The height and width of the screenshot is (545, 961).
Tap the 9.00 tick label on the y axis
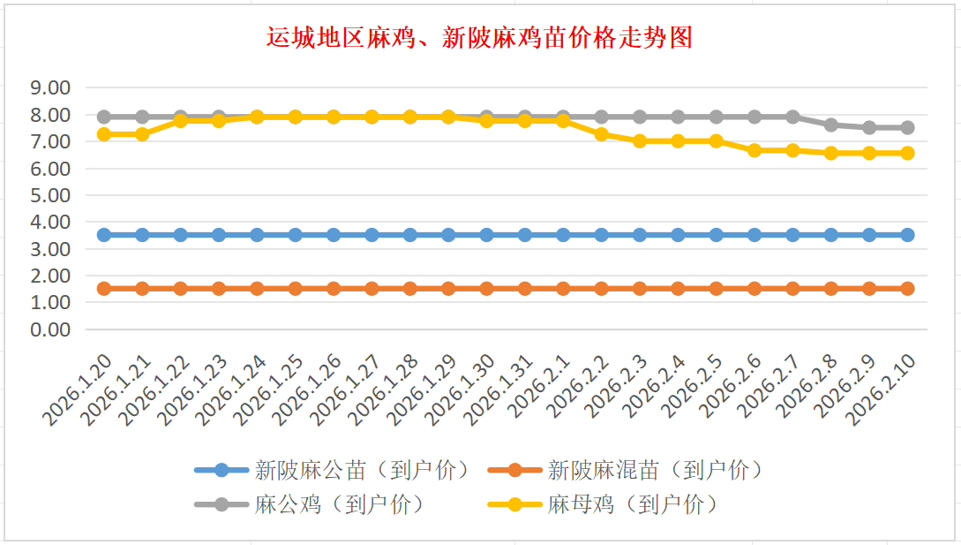coord(49,87)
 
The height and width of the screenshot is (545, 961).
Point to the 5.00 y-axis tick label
coord(49,195)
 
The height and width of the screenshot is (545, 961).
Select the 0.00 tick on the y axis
coord(49,329)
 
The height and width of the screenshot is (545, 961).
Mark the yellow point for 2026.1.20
coord(104,134)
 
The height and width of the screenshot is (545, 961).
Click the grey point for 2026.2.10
coord(907,127)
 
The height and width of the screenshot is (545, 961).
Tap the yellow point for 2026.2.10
coord(907,153)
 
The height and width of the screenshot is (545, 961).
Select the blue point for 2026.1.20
coord(104,235)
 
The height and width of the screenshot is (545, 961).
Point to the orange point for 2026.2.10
coord(907,289)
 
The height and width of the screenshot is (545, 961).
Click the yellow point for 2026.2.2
coord(601,134)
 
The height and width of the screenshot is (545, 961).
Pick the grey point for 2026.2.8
coord(830,125)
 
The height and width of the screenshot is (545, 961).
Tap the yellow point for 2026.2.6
coord(755,150)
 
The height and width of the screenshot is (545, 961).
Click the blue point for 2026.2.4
coord(678,235)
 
